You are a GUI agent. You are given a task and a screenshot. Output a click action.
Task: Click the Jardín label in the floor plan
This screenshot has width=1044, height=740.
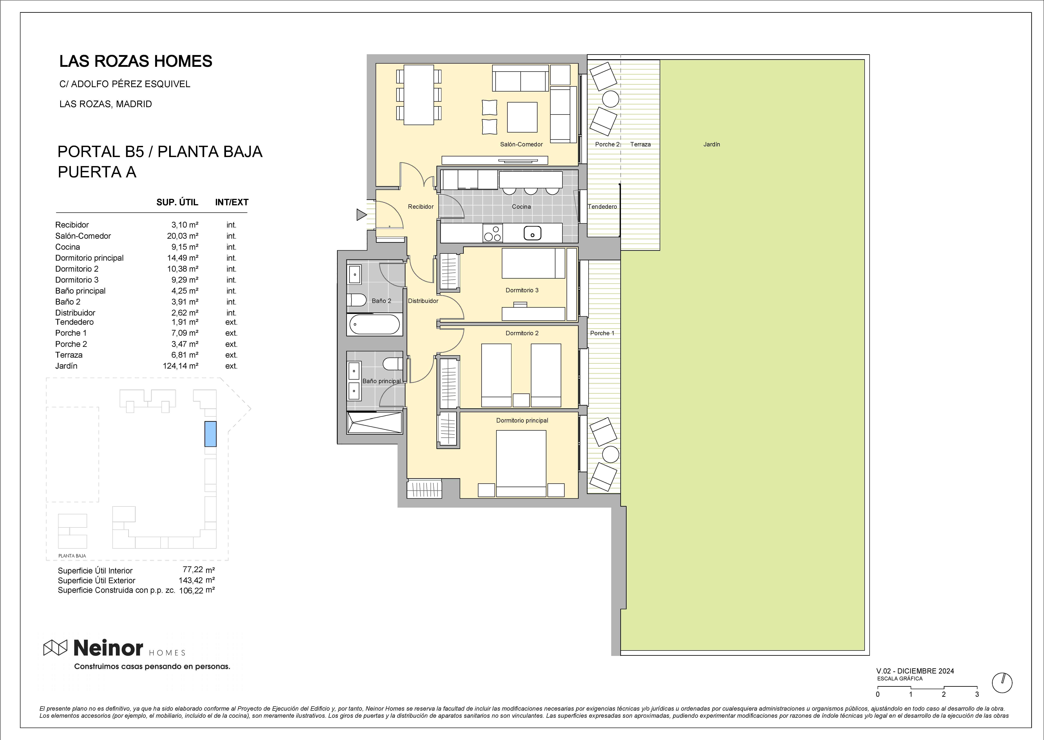pyautogui.click(x=711, y=144)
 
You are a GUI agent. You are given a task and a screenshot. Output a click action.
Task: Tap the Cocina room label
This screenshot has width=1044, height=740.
pyautogui.click(x=521, y=206)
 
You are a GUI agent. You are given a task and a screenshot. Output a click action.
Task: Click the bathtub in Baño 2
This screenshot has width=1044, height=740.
pyautogui.click(x=375, y=324)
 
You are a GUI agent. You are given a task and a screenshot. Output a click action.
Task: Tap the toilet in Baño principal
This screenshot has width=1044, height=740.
pyautogui.click(x=393, y=364)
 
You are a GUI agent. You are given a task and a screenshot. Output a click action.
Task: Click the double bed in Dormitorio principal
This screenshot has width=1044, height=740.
pyautogui.click(x=521, y=463)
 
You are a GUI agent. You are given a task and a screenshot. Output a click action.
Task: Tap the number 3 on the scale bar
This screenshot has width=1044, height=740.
pyautogui.click(x=977, y=694)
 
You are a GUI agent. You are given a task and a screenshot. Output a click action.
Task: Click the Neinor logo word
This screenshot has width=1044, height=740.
pyautogui.click(x=108, y=648)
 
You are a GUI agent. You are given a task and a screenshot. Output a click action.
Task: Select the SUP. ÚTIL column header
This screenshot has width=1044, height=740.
pyautogui.click(x=177, y=202)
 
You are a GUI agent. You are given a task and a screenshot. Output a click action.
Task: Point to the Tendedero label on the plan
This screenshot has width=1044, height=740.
pyautogui.click(x=602, y=206)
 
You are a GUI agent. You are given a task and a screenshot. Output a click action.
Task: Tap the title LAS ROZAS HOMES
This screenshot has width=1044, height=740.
pyautogui.click(x=136, y=61)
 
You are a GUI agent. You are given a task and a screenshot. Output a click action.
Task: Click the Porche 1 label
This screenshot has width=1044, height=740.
pyautogui.click(x=602, y=333)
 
